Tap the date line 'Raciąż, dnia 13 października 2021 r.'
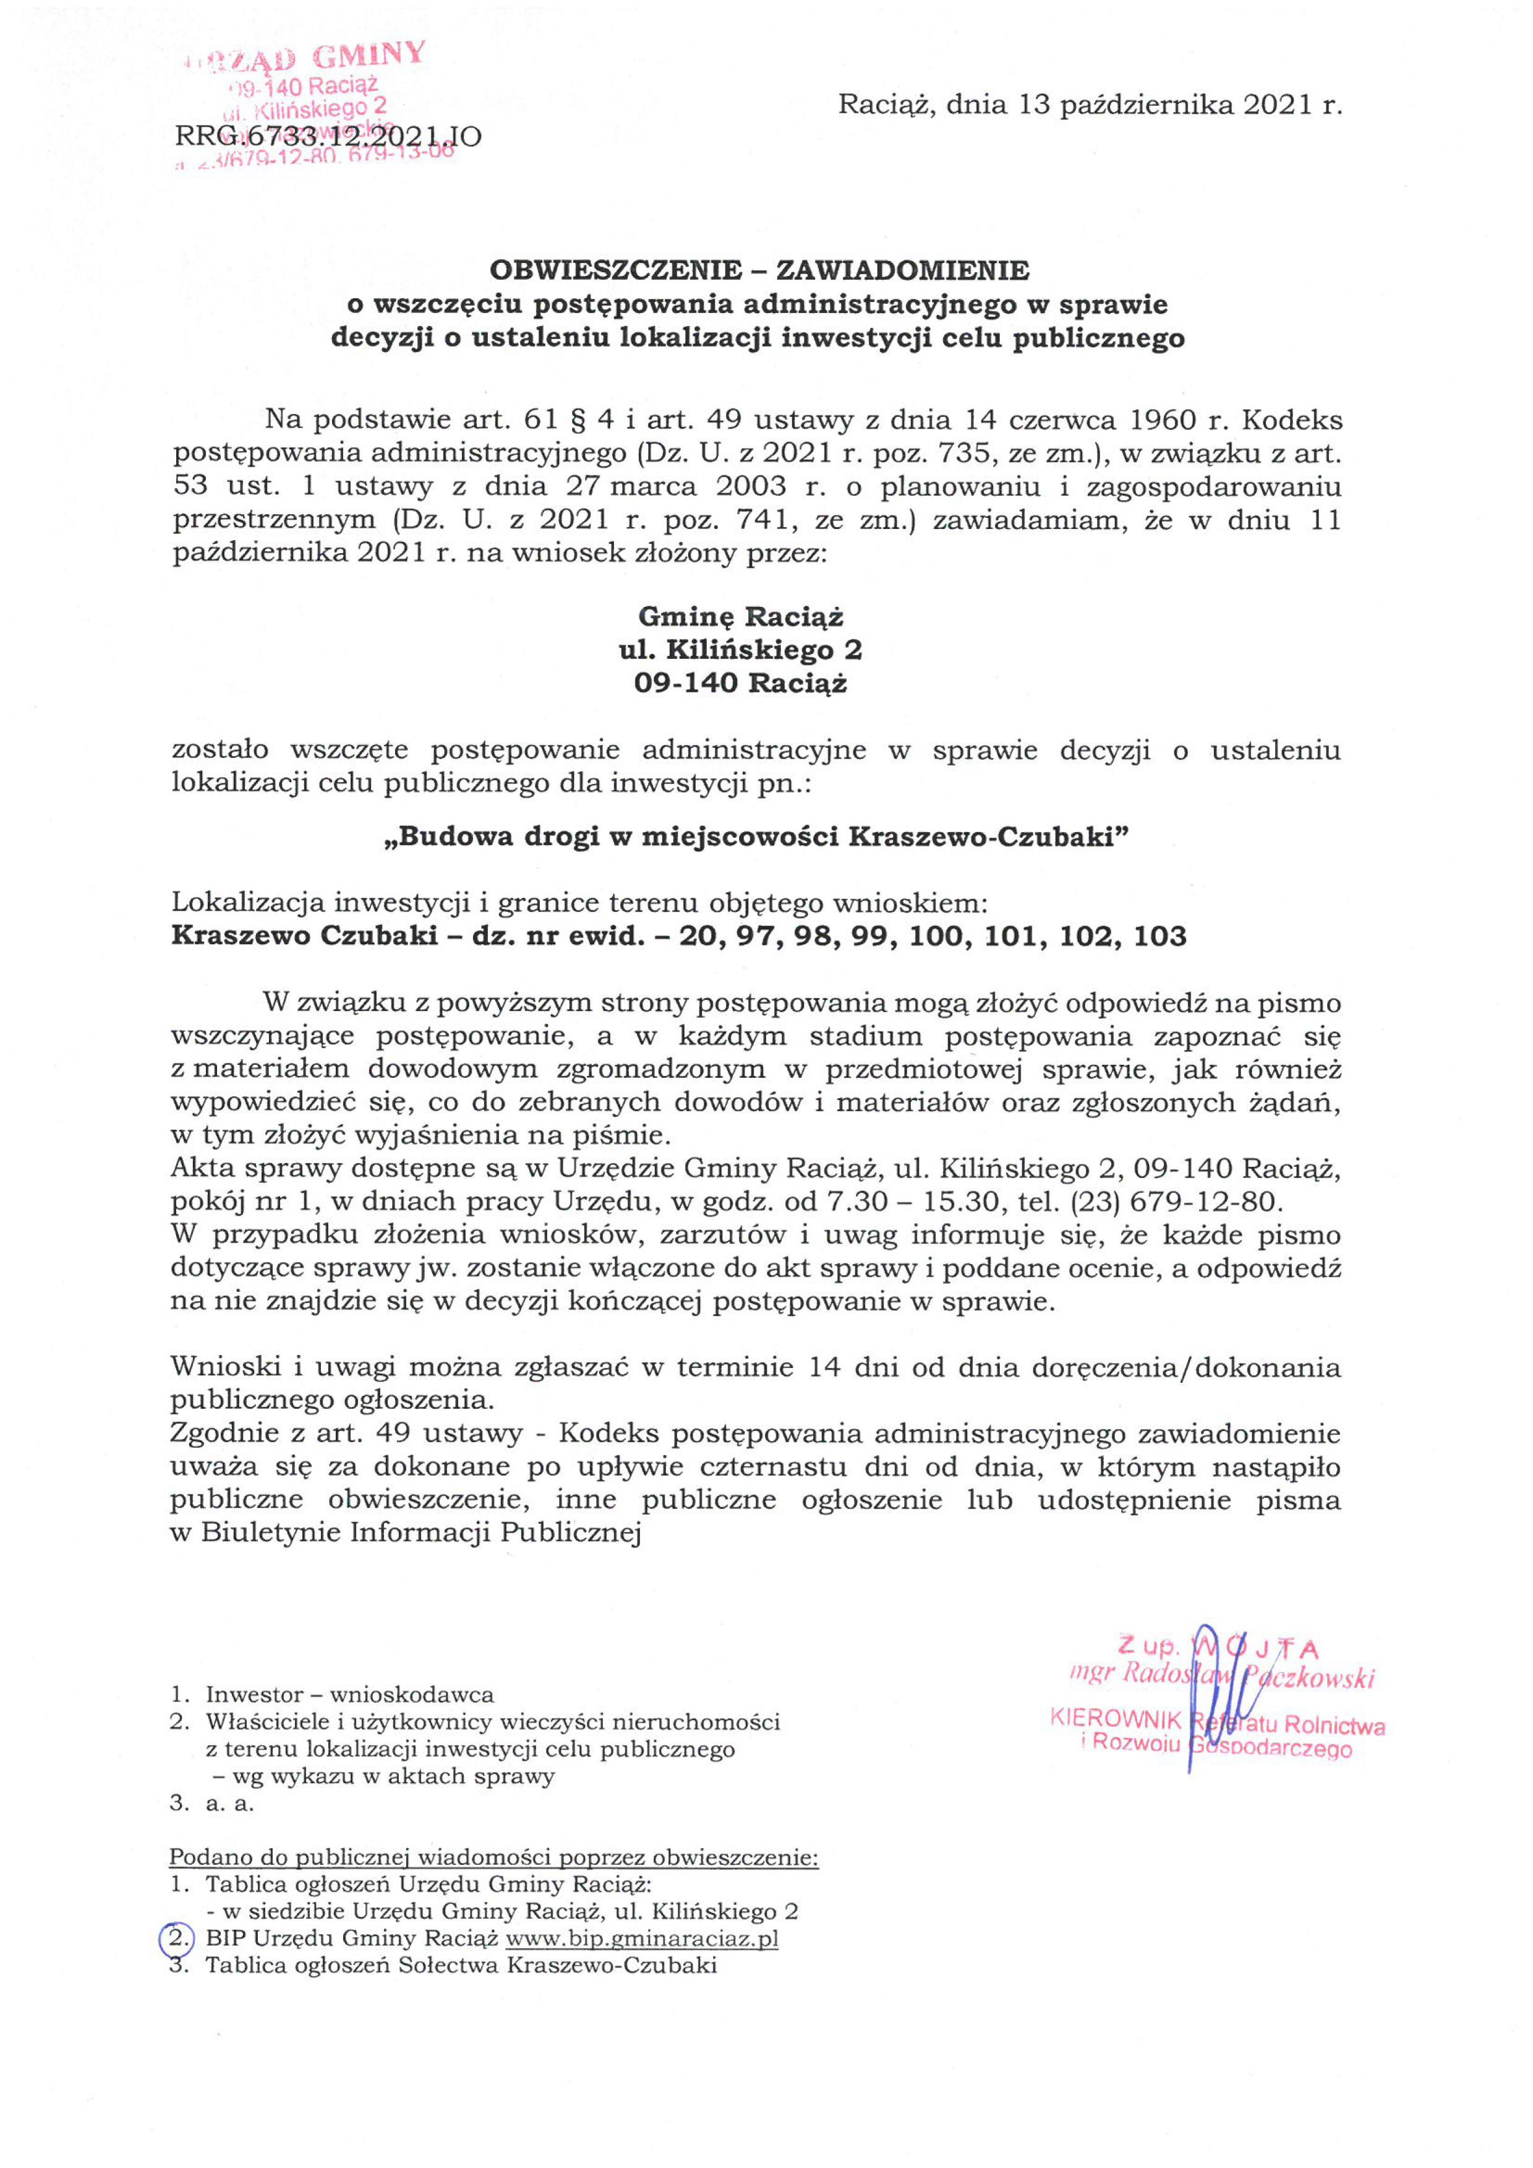[x=1090, y=105]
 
